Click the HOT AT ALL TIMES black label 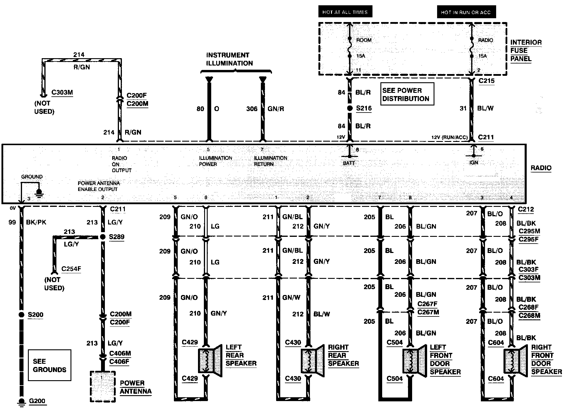(345, 12)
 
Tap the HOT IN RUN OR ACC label (466, 12)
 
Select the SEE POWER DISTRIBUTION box (407, 94)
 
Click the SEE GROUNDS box (50, 365)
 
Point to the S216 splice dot (350, 108)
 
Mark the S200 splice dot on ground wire (21, 315)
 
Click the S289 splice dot (103, 237)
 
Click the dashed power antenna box (103, 386)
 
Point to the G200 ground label (37, 401)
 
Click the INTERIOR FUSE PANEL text (526, 51)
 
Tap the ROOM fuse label (364, 40)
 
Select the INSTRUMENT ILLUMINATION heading (229, 59)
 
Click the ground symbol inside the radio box (39, 192)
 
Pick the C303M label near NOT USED (62, 93)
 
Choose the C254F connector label (71, 269)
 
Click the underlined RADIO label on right (541, 168)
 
